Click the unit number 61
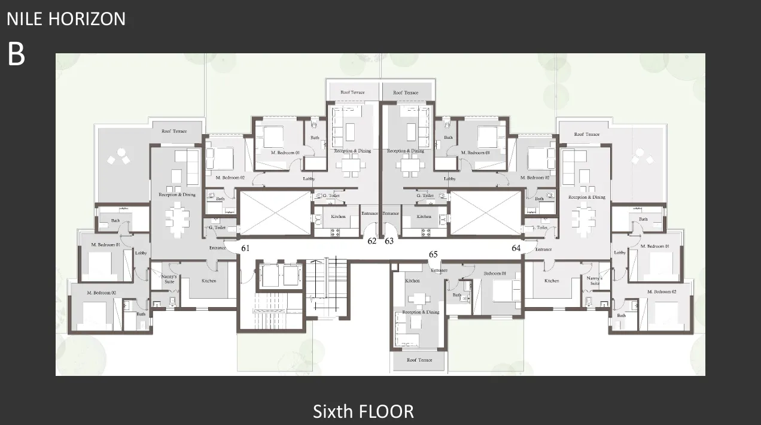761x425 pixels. pos(245,248)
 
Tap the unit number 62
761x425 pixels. pos(372,241)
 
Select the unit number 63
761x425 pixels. pos(389,241)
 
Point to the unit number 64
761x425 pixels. pos(516,248)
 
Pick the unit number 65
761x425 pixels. pos(433,254)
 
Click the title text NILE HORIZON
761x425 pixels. pos(66,19)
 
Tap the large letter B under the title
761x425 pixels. pos(16,54)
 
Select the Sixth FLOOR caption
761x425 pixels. pos(363,411)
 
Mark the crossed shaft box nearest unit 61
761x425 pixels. pos(275,213)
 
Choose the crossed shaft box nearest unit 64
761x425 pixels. pos(485,213)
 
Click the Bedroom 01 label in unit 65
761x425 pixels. pos(495,274)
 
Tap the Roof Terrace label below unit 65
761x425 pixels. pos(419,360)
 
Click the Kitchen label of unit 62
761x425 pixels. pos(338,216)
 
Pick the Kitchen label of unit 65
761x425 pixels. pos(412,281)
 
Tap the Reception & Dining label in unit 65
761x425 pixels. pos(422,312)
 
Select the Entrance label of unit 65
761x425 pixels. pos(439,270)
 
